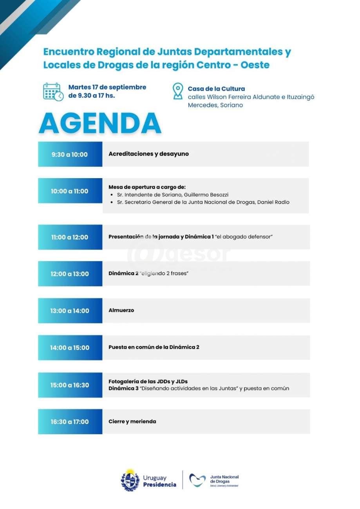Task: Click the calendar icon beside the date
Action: point(53,92)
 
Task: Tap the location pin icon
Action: point(178,91)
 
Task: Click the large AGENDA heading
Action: point(100,123)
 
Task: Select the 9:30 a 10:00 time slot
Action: point(70,154)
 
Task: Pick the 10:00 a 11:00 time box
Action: point(70,191)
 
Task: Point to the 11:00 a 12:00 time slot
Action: point(70,237)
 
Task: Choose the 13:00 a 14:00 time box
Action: point(70,311)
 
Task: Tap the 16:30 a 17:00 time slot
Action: point(70,422)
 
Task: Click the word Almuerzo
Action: point(121,310)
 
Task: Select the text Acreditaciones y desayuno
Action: point(148,154)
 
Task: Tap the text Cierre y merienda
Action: point(132,421)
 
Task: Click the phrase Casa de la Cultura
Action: point(216,89)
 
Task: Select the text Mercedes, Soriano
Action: point(215,105)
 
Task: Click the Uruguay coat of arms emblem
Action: point(130,480)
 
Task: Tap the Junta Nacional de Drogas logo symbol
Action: point(197,480)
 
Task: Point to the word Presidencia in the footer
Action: point(159,485)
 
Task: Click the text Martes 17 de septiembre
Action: point(107,87)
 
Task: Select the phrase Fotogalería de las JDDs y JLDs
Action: point(150,381)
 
